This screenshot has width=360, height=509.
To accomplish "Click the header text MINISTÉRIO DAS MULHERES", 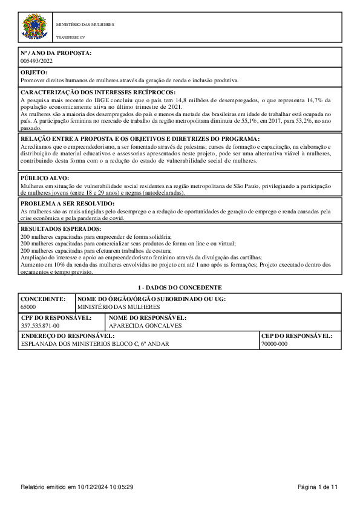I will click(85, 25).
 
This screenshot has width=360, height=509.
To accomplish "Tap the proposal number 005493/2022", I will click(37, 61).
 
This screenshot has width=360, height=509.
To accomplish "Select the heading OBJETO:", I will click(34, 73).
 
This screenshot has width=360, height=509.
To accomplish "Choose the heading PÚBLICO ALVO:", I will click(45, 178).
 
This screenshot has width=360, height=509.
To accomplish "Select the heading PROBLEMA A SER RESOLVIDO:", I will click(68, 204).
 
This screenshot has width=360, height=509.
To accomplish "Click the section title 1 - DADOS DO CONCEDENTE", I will click(180, 287).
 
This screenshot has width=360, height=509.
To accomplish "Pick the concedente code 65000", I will click(28, 307).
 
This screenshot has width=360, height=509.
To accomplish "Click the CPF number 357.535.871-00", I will click(40, 326).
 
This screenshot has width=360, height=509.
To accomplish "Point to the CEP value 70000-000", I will click(274, 344).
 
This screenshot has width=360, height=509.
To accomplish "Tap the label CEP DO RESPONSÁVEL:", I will click(296, 336).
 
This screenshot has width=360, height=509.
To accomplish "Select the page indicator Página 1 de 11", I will click(318, 487).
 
